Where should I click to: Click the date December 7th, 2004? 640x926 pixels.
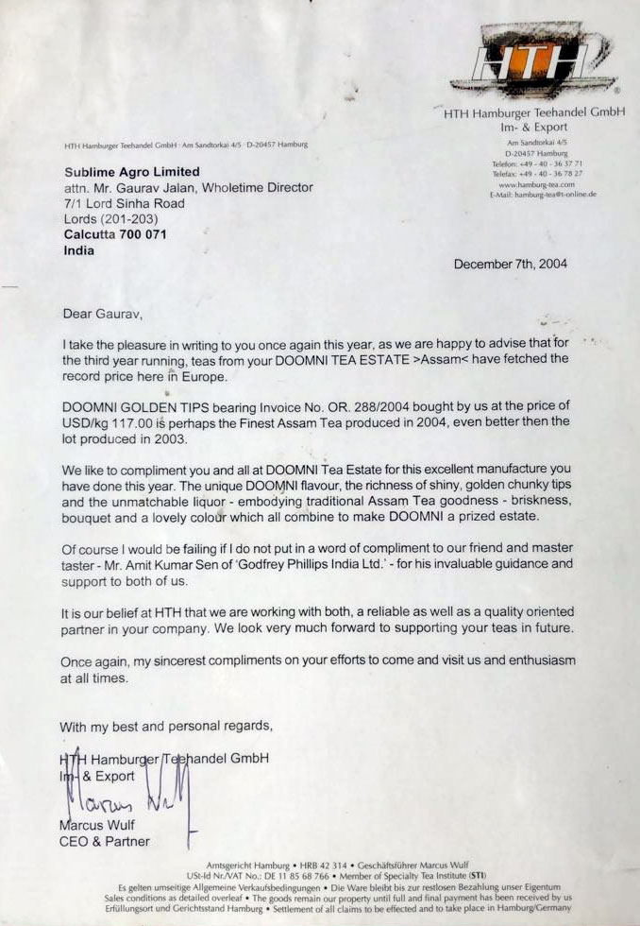coord(511,265)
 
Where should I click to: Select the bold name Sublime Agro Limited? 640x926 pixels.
coord(132,172)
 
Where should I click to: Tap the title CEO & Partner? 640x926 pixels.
coord(105,841)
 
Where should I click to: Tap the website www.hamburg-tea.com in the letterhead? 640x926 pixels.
coord(536,184)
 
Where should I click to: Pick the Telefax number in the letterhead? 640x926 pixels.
coord(536,174)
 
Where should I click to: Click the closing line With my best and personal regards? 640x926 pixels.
coord(166,727)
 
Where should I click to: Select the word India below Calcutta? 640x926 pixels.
coord(79,251)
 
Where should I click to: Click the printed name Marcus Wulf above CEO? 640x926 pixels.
coord(99,825)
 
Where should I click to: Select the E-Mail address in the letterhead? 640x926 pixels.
coord(543,195)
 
